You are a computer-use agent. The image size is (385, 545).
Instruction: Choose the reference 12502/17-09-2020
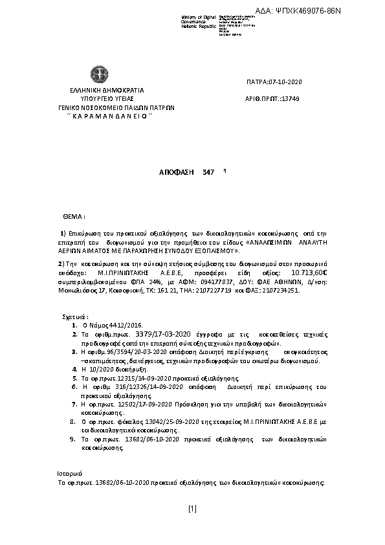tap(138, 403)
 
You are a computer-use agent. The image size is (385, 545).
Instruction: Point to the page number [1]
tap(192, 509)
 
